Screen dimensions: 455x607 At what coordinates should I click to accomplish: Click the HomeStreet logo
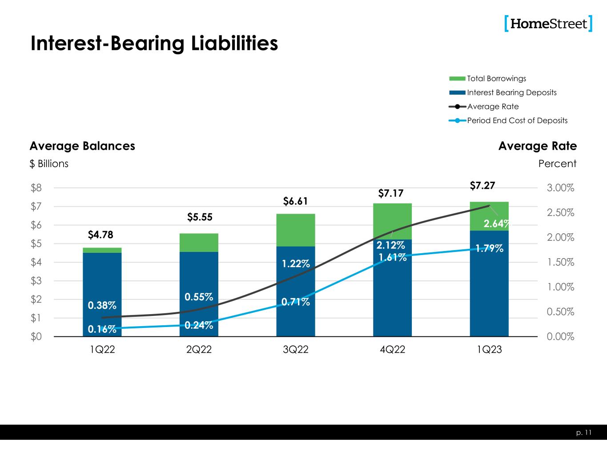click(x=548, y=24)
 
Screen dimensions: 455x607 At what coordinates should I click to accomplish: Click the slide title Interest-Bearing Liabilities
click(x=154, y=44)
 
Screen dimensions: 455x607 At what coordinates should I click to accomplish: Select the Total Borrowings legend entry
click(x=496, y=79)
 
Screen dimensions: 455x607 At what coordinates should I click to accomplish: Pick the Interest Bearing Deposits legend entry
click(x=511, y=92)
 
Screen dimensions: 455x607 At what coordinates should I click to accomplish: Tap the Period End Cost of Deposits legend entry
click(x=517, y=120)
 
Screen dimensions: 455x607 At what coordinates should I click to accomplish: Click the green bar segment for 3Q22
click(x=296, y=230)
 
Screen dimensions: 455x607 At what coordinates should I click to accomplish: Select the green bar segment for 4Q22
click(x=392, y=221)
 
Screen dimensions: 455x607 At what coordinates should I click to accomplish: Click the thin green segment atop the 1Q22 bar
click(x=102, y=250)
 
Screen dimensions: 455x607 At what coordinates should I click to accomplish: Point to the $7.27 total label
click(x=482, y=185)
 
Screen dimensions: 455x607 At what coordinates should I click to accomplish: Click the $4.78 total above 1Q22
click(x=101, y=235)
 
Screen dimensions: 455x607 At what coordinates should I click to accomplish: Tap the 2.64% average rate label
click(x=496, y=224)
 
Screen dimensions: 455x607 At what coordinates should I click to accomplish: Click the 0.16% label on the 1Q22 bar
click(x=101, y=329)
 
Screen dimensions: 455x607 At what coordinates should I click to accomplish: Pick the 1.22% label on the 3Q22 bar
click(x=295, y=264)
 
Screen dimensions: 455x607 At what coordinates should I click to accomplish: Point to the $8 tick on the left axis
click(x=36, y=188)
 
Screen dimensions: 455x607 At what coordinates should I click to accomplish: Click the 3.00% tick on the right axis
click(x=560, y=188)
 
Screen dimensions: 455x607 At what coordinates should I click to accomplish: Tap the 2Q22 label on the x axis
click(x=199, y=350)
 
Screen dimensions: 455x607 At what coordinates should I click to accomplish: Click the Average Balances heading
click(x=82, y=146)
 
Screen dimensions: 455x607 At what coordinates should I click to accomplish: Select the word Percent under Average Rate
click(x=557, y=164)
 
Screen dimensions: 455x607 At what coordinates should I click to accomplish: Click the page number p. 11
click(x=585, y=432)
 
